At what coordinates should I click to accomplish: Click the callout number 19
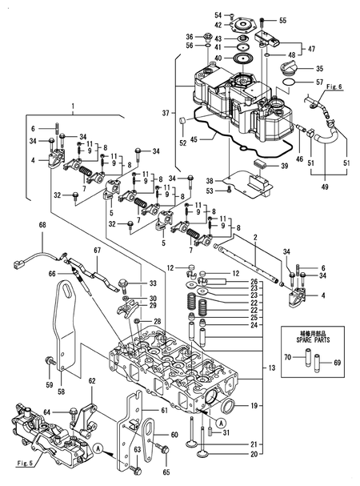point(255,407)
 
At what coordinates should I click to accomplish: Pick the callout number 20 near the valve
point(255,455)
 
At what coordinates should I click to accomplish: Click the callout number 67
point(97,250)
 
